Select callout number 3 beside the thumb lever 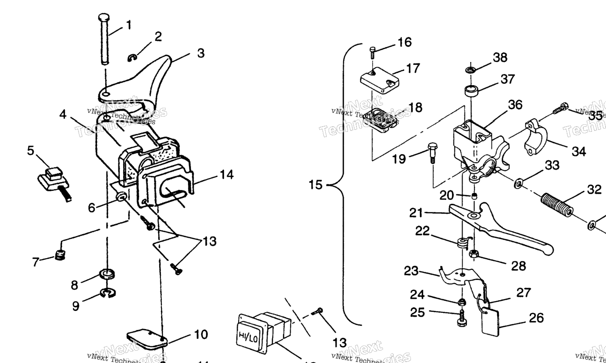201,53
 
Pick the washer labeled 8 108,274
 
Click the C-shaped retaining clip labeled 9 108,294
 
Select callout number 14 226,175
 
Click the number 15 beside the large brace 315,185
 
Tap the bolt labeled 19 432,151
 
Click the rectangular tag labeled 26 490,322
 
